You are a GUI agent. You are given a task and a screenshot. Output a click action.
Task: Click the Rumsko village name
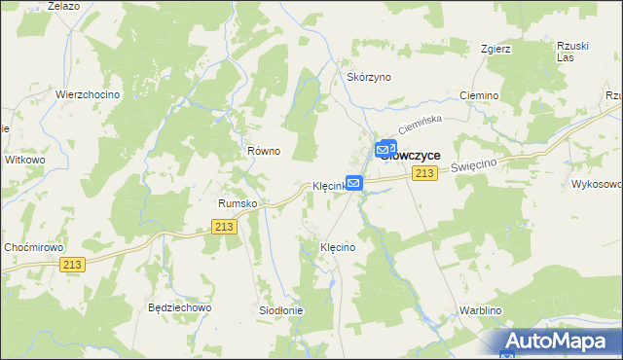[x=237, y=203]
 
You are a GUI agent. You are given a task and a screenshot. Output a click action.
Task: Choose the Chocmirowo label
[x=33, y=247]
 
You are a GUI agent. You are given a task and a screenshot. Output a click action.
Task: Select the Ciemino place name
[x=477, y=96]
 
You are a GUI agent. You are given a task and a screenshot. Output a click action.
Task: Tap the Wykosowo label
[x=597, y=183]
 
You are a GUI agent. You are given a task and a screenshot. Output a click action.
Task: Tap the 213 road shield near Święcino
[x=422, y=173]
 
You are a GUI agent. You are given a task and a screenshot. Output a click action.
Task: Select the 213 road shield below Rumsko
[x=225, y=226]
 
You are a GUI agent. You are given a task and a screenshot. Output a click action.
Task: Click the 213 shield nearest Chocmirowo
[x=71, y=264]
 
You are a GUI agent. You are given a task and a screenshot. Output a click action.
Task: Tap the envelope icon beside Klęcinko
[x=354, y=182]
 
